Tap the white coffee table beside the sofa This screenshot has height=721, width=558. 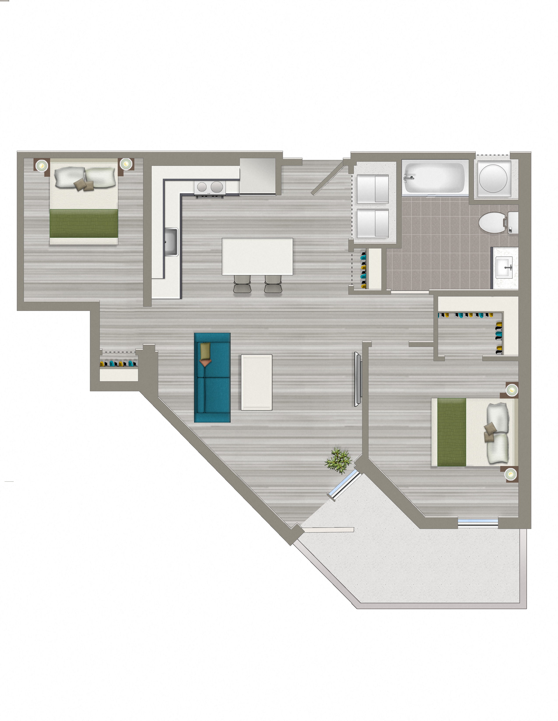click(x=256, y=382)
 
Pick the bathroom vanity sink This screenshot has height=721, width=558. click(x=504, y=268)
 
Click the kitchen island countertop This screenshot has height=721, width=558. click(x=257, y=256)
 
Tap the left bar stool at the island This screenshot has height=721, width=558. click(x=242, y=284)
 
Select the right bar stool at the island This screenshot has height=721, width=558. click(x=273, y=284)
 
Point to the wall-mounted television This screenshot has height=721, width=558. click(x=357, y=379)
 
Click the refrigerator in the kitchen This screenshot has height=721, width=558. click(x=258, y=176)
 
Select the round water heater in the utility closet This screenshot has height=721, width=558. click(x=493, y=178)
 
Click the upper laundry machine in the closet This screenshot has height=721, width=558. click(x=373, y=189)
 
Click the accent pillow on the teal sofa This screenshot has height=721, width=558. click(x=205, y=351)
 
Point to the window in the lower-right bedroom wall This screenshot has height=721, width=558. click(x=478, y=522)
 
